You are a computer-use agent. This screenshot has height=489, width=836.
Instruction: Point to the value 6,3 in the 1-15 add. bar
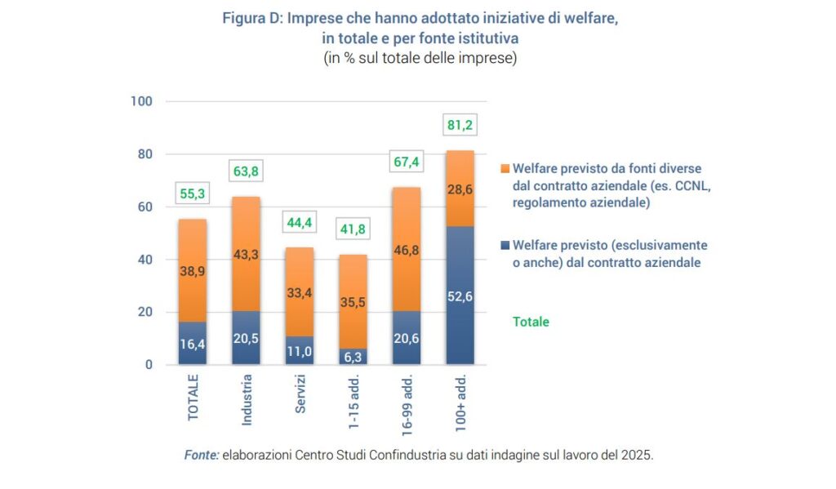353,356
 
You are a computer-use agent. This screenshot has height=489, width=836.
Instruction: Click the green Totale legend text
531,322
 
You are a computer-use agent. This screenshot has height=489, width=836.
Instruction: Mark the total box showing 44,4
300,222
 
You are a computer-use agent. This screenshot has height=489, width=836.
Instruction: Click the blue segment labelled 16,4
193,344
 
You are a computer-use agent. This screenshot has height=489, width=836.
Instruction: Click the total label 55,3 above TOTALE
193,193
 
